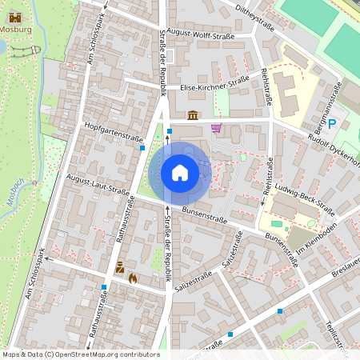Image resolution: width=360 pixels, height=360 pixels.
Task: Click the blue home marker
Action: [x=180, y=173]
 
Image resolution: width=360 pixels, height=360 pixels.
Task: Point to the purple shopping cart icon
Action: [x=216, y=127]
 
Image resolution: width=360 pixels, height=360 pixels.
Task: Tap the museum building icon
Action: [x=192, y=116]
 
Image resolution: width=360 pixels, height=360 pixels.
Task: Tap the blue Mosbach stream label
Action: [x=18, y=196]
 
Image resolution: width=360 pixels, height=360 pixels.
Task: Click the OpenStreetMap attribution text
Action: [x=80, y=354]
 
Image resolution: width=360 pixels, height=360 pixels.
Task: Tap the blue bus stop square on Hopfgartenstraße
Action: [x=142, y=147]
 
